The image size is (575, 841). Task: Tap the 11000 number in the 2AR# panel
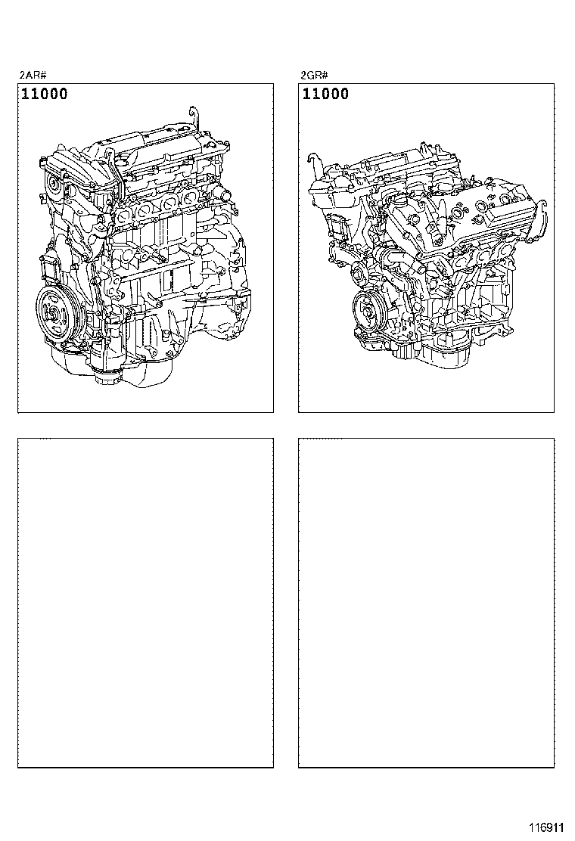coord(45,94)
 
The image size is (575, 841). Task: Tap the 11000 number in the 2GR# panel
coord(325,94)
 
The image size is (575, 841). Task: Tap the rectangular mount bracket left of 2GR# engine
coord(337,228)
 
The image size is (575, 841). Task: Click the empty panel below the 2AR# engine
coord(145,603)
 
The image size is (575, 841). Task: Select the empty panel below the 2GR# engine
coord(427,603)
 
